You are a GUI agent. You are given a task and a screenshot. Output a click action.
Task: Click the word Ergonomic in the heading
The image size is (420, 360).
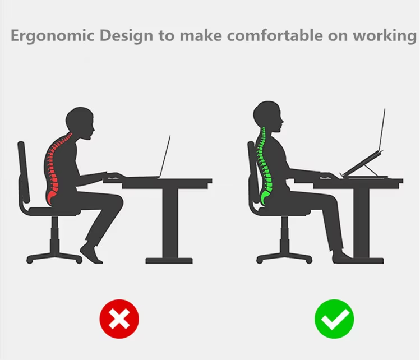coord(53,36)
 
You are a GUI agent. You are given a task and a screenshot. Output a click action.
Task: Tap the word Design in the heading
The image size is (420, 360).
coord(126,36)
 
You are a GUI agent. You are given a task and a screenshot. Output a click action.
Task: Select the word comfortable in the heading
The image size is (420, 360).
coord(275,35)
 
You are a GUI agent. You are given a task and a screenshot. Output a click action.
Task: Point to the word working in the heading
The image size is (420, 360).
coord(384,36)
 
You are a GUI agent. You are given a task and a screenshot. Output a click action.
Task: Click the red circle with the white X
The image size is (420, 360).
coord(119,319)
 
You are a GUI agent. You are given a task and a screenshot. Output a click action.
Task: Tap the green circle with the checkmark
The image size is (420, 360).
coord(334,319)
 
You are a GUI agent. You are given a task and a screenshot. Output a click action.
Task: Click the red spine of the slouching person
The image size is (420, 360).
coord(54,169)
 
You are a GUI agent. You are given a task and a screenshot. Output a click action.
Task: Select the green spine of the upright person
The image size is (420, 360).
coord(264,166)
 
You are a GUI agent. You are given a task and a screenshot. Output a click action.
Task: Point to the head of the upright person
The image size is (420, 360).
coord(268,116)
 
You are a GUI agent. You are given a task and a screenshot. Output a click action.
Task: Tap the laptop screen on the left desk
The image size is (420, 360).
coord(165,156)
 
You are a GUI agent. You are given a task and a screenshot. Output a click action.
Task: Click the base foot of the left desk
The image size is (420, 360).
coord(169,261)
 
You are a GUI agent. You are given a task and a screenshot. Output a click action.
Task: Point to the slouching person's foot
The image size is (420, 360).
coord(91,253)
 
